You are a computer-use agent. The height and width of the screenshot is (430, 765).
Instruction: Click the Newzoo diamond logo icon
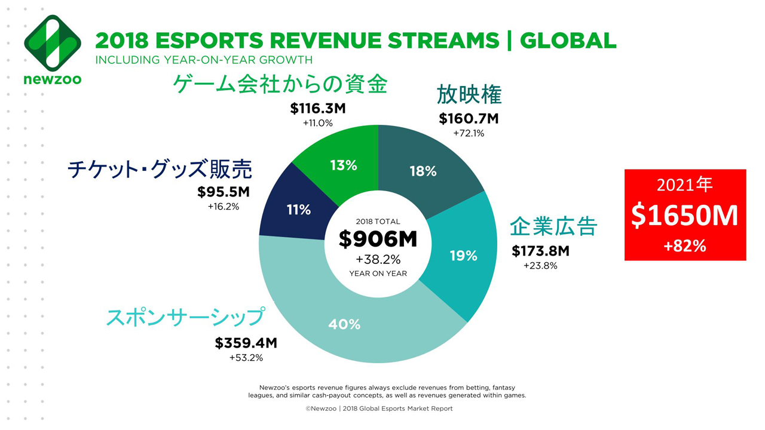53,43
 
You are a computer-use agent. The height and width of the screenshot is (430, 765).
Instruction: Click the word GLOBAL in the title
568,40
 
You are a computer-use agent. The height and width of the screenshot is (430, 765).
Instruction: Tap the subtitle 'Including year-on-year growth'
204,60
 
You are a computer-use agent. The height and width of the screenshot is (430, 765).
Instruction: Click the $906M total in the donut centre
378,239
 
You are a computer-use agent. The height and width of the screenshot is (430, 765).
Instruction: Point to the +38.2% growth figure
378,260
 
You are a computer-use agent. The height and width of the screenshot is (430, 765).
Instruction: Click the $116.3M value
318,109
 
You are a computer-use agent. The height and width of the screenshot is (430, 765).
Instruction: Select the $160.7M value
469,118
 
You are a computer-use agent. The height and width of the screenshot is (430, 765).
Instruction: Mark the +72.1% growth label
469,133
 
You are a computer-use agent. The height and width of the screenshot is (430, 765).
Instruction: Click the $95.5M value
223,192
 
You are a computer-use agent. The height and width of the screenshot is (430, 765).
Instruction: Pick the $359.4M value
246,343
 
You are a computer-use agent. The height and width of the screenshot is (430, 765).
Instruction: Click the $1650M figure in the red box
685,216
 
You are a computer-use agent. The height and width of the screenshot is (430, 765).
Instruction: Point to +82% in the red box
685,245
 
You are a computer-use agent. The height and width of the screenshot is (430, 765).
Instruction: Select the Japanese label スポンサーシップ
185,317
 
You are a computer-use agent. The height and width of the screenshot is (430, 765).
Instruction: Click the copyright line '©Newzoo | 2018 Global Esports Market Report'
379,408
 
